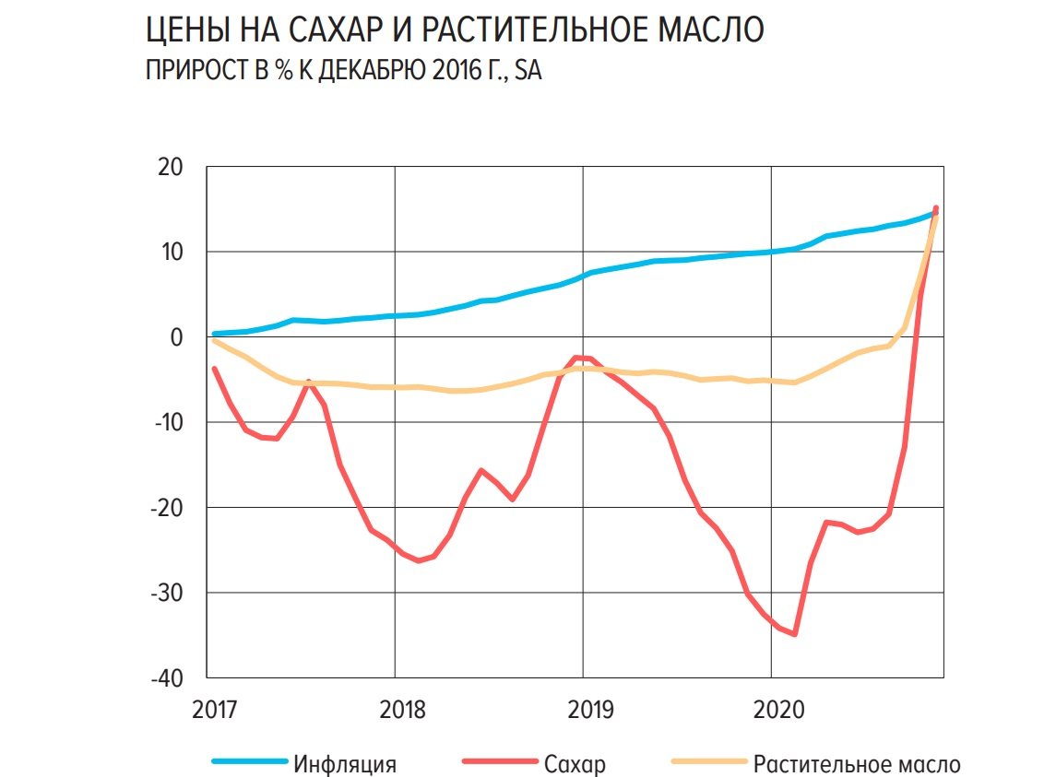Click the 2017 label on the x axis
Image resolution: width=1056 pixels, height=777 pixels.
coord(215,710)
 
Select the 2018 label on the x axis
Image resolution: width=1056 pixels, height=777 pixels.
coord(402,710)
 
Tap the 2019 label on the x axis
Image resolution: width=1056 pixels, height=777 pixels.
coord(590,710)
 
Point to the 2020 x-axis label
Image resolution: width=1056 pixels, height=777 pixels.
coord(778,710)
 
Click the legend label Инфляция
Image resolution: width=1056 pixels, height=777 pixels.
coord(345,764)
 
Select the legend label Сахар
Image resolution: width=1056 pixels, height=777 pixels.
coord(575,764)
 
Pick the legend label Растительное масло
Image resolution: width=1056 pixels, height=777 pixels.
coord(857,764)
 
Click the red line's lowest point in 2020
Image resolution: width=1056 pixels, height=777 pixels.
coord(794,634)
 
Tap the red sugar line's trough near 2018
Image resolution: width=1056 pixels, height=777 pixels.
coord(419,560)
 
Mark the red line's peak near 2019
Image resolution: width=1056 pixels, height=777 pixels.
coord(575,357)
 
